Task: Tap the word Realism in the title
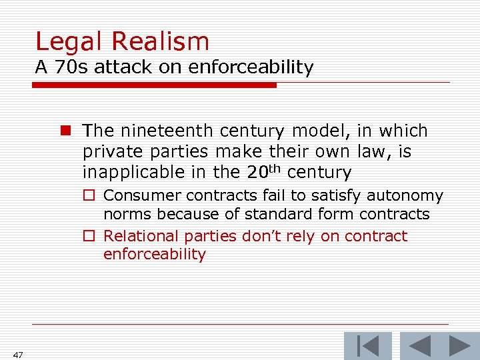160,42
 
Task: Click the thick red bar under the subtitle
154,85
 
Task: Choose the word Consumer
143,195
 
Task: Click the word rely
301,237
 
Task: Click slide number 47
17,355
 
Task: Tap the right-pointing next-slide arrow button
459,346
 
